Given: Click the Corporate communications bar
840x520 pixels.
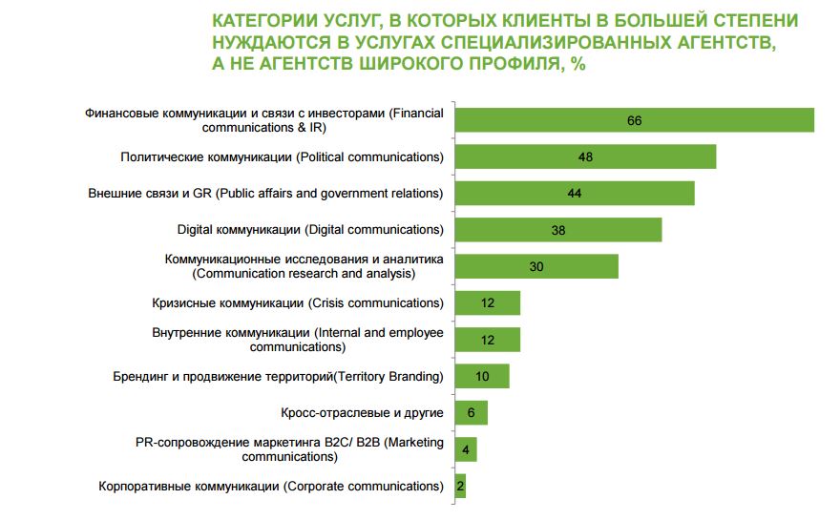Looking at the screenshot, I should (460, 486).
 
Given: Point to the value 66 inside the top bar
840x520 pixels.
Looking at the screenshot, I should (634, 120).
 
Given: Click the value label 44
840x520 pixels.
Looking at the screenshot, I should (574, 194).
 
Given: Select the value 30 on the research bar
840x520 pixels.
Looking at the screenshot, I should (535, 267).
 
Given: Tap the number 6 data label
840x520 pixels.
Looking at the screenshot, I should (471, 413).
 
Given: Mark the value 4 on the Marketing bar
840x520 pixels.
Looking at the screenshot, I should (465, 449).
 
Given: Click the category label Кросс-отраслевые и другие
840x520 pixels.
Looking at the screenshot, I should (362, 413).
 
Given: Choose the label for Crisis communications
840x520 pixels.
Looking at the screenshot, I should (298, 303).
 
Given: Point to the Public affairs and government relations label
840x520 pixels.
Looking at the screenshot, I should (265, 194).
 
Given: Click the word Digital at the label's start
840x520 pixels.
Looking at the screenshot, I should (195, 230).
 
